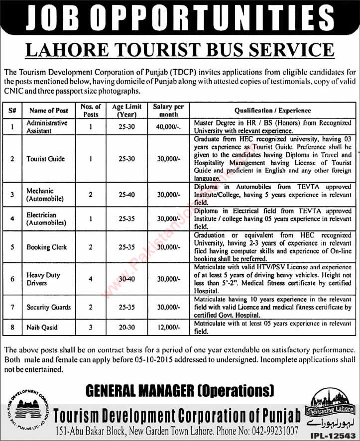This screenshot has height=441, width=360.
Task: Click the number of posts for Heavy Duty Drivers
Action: tap(91, 278)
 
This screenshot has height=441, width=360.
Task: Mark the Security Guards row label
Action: tap(48, 307)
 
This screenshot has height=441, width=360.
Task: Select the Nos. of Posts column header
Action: tap(91, 110)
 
